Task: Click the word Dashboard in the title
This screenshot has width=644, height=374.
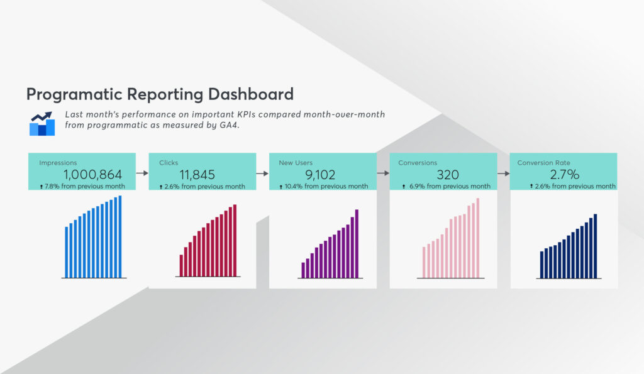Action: click(250, 94)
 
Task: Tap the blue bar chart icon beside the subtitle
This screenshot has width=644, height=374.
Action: click(42, 124)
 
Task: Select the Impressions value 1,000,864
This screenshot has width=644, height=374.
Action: click(93, 175)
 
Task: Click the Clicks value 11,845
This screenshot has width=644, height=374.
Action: click(197, 175)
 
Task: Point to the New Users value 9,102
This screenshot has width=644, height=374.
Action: click(320, 175)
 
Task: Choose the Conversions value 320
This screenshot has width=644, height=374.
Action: click(448, 175)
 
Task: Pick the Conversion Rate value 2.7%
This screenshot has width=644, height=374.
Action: click(565, 175)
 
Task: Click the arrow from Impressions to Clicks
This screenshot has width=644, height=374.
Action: click(142, 173)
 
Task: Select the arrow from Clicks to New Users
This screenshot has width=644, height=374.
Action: click(262, 173)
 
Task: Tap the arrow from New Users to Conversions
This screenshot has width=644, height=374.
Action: click(383, 173)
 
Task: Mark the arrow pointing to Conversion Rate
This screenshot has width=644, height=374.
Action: click(504, 173)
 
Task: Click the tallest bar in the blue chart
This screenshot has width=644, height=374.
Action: click(120, 236)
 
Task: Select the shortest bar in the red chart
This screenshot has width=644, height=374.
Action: click(181, 266)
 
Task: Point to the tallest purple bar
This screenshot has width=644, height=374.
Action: click(357, 244)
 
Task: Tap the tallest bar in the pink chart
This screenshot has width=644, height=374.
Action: click(478, 238)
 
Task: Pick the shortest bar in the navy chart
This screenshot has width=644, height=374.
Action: click(541, 265)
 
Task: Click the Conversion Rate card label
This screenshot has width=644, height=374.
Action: click(543, 163)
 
